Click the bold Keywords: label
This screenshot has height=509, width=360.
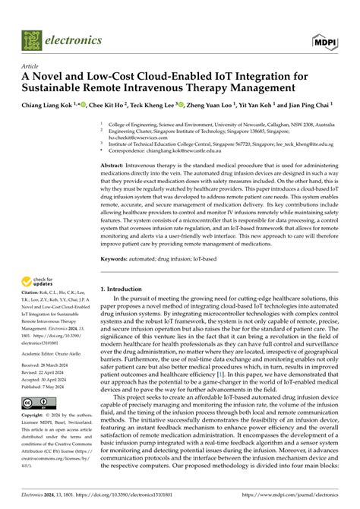coord(116,259)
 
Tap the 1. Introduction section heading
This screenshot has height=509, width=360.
coord(124,289)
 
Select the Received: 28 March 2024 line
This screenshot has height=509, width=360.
coord(50,364)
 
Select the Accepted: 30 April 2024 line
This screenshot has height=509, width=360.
coord(50,379)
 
